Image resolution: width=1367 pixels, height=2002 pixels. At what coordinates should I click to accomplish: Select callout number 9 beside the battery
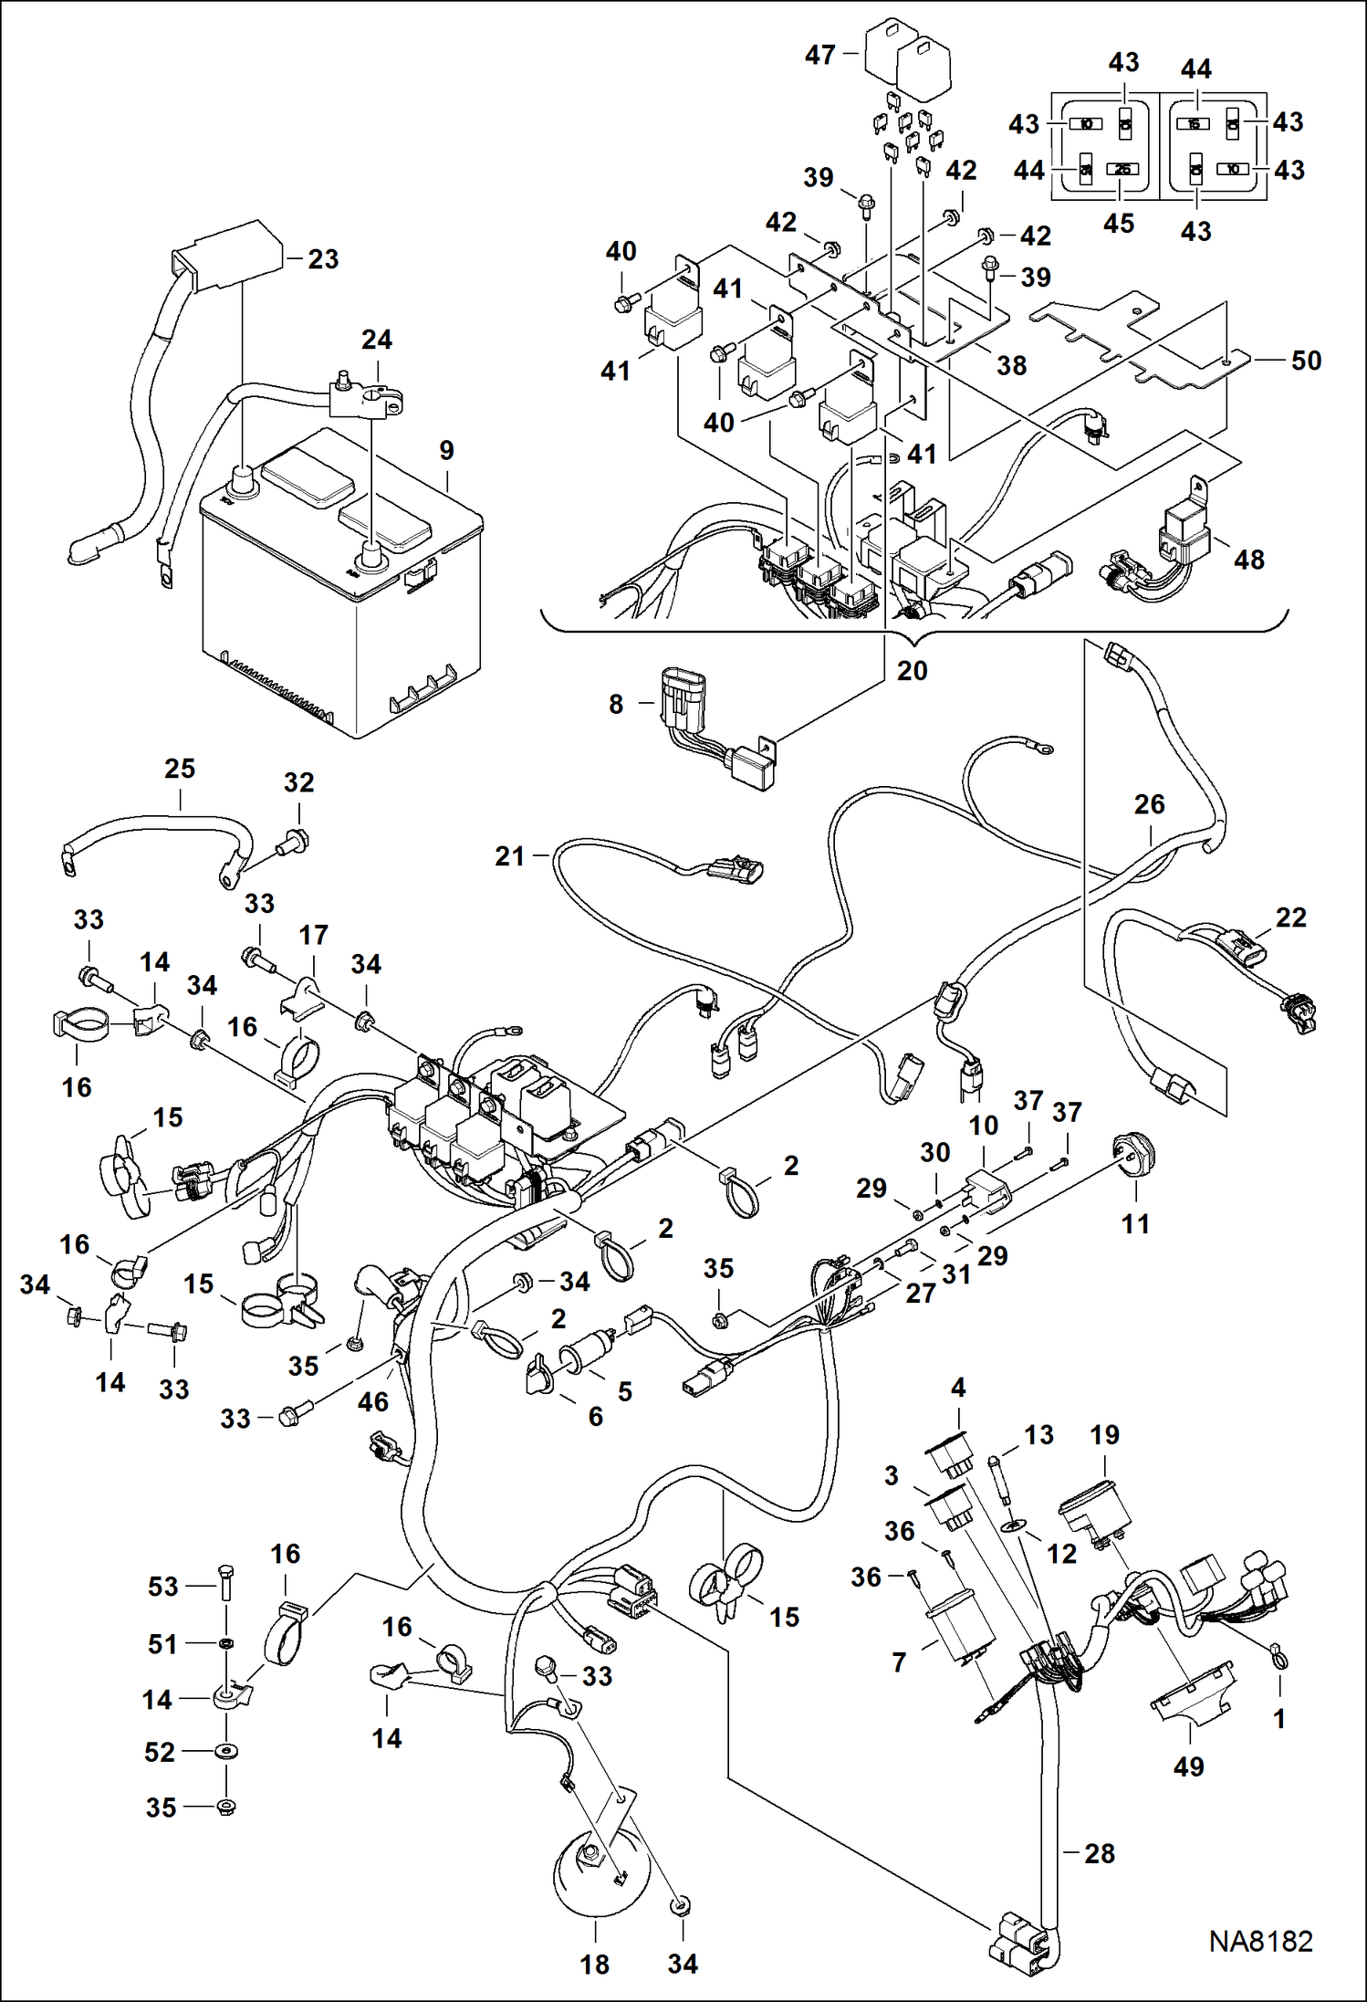pos(446,450)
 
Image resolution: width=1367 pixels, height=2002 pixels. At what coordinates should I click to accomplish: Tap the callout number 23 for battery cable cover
pos(323,259)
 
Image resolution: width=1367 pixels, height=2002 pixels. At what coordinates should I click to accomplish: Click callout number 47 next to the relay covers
pos(819,55)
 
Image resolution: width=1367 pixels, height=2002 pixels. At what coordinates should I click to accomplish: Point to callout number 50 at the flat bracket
pos(1306,361)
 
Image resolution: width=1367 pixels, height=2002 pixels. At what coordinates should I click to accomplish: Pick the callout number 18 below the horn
pos(595,1964)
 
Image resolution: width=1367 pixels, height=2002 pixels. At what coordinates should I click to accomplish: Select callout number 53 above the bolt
pos(163,1587)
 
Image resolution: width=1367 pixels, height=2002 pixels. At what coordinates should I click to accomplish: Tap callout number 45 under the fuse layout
pos(1119,224)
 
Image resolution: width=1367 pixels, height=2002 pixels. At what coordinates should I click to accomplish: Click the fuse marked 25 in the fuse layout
pos(1122,169)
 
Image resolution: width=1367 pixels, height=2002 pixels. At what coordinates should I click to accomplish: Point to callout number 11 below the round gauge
pos(1135,1224)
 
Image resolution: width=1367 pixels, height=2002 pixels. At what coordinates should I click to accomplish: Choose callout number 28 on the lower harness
pos(1100,1853)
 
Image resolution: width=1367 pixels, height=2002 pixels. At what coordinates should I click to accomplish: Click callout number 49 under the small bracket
pos(1188,1766)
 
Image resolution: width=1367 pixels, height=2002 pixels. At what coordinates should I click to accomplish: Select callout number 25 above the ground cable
pos(180,769)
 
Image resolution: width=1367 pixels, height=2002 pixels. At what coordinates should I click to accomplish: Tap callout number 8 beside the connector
pos(616,704)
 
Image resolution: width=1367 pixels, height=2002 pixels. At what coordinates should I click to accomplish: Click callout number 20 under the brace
pos(912,671)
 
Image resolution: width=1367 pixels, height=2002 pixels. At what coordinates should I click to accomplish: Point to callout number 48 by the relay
pos(1249,560)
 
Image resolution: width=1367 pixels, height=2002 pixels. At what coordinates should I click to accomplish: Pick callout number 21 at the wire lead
pos(510,856)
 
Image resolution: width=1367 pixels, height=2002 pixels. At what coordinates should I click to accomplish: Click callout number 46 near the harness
pos(372,1402)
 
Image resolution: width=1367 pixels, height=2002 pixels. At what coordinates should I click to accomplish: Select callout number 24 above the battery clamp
pos(377,340)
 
